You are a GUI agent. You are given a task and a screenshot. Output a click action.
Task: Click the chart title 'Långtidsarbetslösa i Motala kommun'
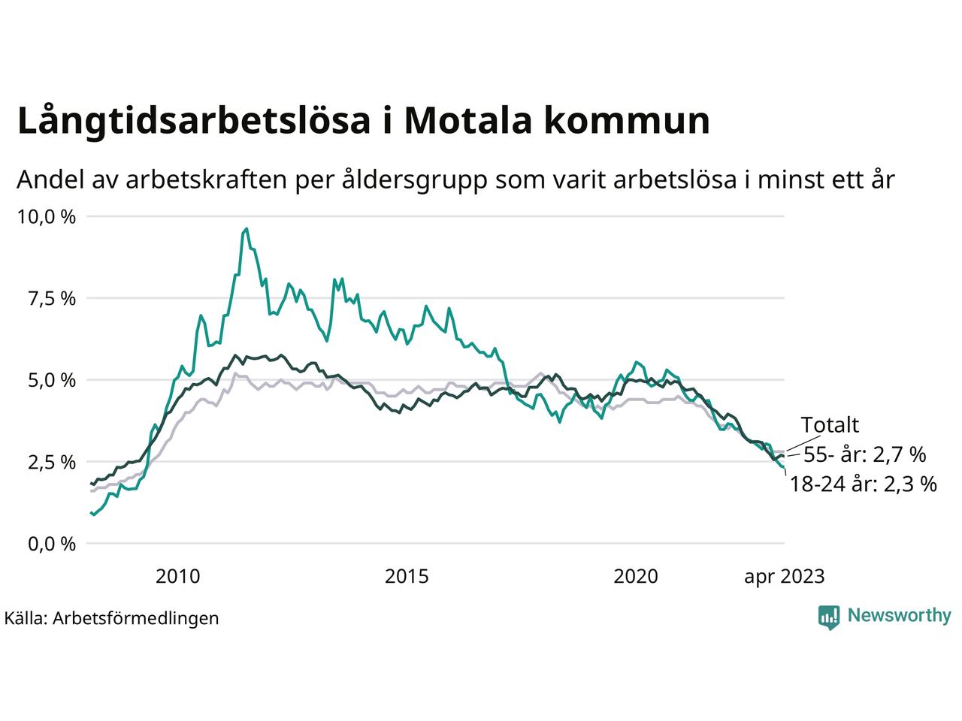coord(363,121)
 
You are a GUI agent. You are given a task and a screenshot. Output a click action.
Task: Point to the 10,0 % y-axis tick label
coord(47,217)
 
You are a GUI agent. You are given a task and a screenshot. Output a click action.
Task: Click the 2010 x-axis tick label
coord(178,577)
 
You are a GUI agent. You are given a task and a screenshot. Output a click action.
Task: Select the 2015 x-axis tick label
coord(407,577)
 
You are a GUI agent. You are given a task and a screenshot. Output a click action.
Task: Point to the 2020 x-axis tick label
coord(636,577)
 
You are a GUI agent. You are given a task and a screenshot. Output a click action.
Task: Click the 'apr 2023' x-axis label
coord(784,577)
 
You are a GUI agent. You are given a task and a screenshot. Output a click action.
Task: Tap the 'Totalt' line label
coord(830,425)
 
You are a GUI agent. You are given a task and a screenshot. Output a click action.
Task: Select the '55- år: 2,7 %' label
coord(864,454)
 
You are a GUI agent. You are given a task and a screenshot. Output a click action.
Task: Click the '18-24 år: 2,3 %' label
coord(863,484)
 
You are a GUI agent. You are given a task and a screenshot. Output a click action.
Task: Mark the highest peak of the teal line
coord(247,229)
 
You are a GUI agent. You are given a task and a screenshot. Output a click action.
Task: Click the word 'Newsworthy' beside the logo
coord(899,616)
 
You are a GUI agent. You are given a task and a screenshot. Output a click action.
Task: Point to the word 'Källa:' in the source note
coord(26,618)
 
